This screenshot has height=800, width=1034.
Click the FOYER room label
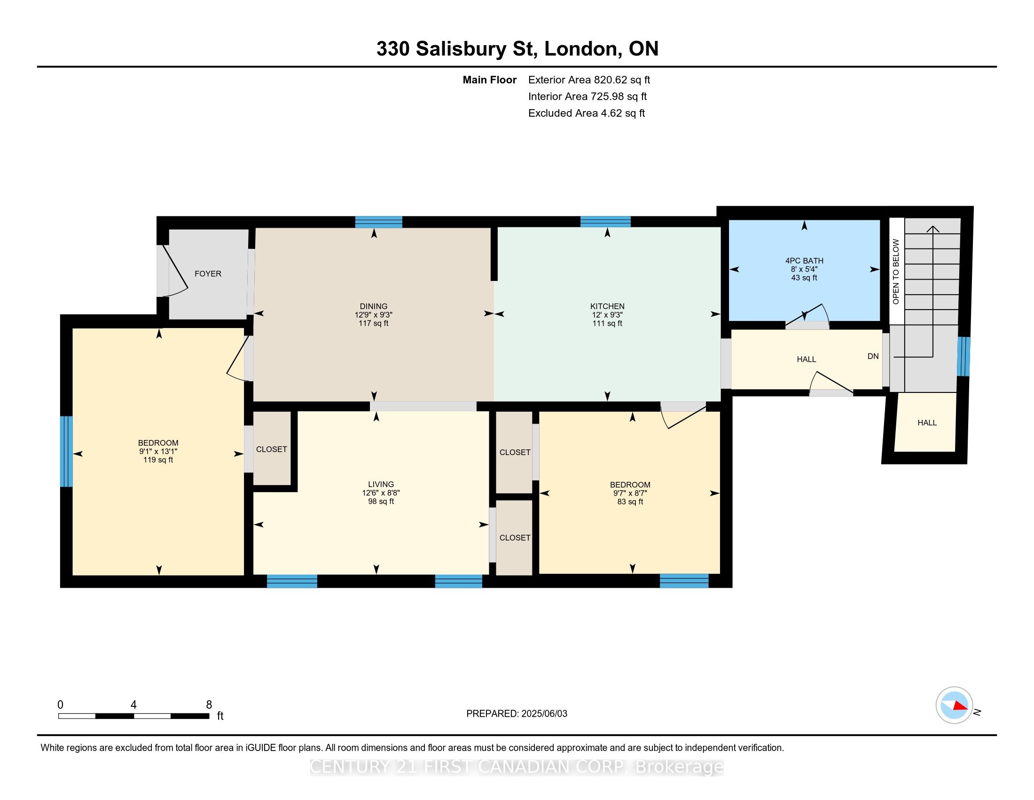coord(208,273)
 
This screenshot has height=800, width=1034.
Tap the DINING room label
coord(373,306)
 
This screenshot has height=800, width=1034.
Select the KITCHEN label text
coord(607,306)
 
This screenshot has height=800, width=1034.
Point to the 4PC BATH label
coord(804,261)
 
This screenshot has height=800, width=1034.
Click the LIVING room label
coord(381,484)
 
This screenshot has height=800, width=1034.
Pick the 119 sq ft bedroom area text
coord(158,460)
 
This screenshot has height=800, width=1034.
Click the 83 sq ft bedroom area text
coord(630,502)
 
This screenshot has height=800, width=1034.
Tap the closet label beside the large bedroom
coord(271,449)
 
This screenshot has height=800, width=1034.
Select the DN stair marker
coord(873,356)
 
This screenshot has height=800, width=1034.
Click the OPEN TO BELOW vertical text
coord(895,272)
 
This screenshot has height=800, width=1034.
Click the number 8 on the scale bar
coord(209,704)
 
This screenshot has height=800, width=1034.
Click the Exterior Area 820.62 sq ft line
coord(589,80)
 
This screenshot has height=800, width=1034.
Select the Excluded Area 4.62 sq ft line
coord(586,113)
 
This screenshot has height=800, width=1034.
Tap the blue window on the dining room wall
coord(378,222)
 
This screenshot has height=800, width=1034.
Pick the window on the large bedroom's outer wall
coord(66,451)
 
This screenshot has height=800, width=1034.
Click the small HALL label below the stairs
coord(926,422)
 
